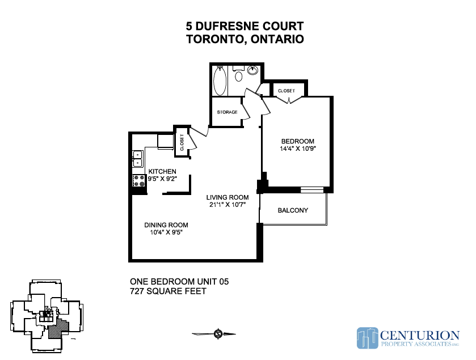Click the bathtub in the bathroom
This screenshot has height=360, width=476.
point(220,81)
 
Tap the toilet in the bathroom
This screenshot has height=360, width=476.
point(239,74)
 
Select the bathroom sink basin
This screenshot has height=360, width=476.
point(252,70)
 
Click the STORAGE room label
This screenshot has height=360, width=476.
point(227,112)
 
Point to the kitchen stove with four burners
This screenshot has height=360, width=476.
point(139,181)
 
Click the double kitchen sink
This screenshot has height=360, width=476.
point(137,159)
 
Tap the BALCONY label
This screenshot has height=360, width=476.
point(293,210)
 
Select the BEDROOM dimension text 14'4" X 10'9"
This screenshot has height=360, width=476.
point(298,149)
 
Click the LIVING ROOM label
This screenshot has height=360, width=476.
point(228,197)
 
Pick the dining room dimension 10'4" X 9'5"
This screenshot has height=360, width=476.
point(166,232)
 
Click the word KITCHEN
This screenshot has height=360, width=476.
point(162,171)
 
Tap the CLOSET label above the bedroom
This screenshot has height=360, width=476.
point(287,91)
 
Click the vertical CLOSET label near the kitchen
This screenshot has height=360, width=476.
point(182,142)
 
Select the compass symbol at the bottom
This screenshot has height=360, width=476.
point(218,334)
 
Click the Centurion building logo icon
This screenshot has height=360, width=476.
point(367,338)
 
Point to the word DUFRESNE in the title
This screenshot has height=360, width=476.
point(228,26)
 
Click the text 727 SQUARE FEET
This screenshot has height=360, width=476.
point(168,291)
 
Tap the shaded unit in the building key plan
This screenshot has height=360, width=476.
point(59,328)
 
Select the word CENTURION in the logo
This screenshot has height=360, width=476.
point(419,336)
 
